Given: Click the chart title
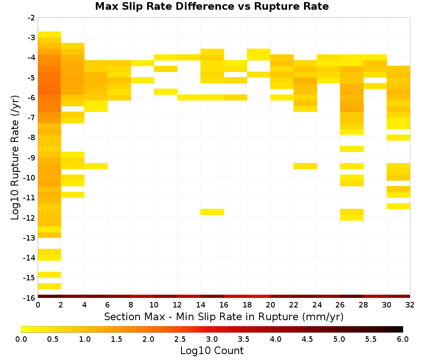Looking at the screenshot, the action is coord(212,6).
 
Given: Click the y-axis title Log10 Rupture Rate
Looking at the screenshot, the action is coord(15,157).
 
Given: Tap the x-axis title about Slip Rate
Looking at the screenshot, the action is coord(224,316).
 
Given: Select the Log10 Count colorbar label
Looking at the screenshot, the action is coord(212,351).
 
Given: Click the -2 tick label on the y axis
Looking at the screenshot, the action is coord(31,18).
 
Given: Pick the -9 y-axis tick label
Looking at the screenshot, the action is coord(31,158).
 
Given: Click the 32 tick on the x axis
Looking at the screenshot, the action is coord(410,305).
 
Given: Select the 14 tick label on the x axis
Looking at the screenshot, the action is coord(201,305).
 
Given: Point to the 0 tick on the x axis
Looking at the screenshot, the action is coord(38,305).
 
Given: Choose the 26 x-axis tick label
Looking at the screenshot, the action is coord(340,305).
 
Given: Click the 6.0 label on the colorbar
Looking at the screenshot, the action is coord(403,339).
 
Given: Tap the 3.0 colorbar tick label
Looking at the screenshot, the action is coord(212,339).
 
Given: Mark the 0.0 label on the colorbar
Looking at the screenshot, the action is coord(21,339).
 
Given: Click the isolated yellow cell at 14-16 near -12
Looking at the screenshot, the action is coord(212,212).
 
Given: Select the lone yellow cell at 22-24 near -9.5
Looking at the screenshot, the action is coord(305,166).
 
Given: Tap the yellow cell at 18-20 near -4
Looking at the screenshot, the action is coord(259,55).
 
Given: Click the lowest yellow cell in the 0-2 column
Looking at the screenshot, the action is coord(50,286).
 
